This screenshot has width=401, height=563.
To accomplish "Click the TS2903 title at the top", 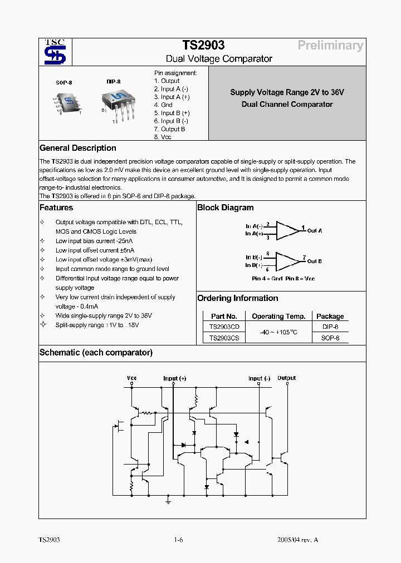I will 203,46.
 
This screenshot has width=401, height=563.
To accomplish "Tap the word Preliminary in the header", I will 330,46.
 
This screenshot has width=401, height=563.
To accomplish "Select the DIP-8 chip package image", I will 118,103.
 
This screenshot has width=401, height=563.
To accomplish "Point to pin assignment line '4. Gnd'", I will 163,105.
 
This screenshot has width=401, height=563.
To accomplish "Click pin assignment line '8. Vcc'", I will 163,137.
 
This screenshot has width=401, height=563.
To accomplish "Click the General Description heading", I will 78,148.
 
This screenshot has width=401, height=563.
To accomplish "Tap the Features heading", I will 56,208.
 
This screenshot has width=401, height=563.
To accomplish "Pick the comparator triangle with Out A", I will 287,230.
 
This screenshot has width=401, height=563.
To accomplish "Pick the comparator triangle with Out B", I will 287,260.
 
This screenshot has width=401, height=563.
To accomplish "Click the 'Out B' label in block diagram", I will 315,261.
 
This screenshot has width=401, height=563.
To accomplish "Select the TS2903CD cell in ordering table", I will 224,327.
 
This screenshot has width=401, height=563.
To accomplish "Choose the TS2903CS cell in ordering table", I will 224,338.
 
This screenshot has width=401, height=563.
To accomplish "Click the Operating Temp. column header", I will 278,316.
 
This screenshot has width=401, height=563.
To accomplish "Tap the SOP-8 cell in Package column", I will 330,338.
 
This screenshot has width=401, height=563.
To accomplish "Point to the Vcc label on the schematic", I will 131,378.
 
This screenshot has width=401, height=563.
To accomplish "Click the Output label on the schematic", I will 286,378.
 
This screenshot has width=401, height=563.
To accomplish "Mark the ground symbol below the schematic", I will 168,501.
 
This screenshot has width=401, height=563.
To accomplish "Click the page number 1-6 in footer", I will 178,540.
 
